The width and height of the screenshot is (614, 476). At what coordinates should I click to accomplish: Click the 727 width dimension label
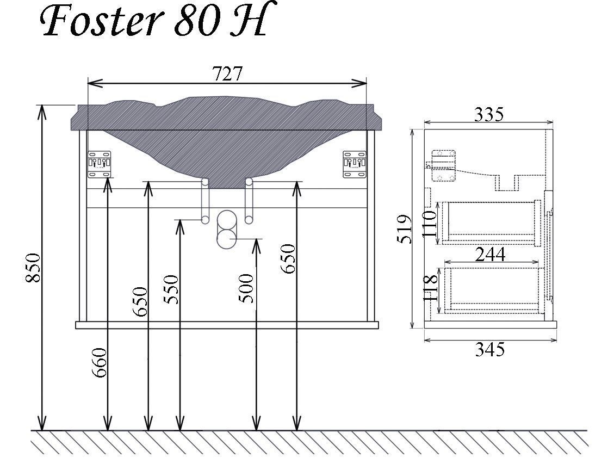[227, 74]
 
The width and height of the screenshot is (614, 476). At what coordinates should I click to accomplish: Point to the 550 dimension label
[171, 289]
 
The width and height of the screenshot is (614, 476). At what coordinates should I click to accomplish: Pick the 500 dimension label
[246, 288]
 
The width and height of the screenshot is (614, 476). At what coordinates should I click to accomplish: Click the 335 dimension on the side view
[489, 115]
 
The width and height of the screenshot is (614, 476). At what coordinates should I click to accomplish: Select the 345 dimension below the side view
[490, 349]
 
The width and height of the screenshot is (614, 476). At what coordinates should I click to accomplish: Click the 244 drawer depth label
[490, 254]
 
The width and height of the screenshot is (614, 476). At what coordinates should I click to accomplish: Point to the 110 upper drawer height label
[430, 222]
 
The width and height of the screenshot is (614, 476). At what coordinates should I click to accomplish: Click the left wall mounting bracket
[100, 164]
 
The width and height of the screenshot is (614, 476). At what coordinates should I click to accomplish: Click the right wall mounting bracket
[355, 164]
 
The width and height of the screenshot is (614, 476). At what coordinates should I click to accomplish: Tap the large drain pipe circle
[227, 230]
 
